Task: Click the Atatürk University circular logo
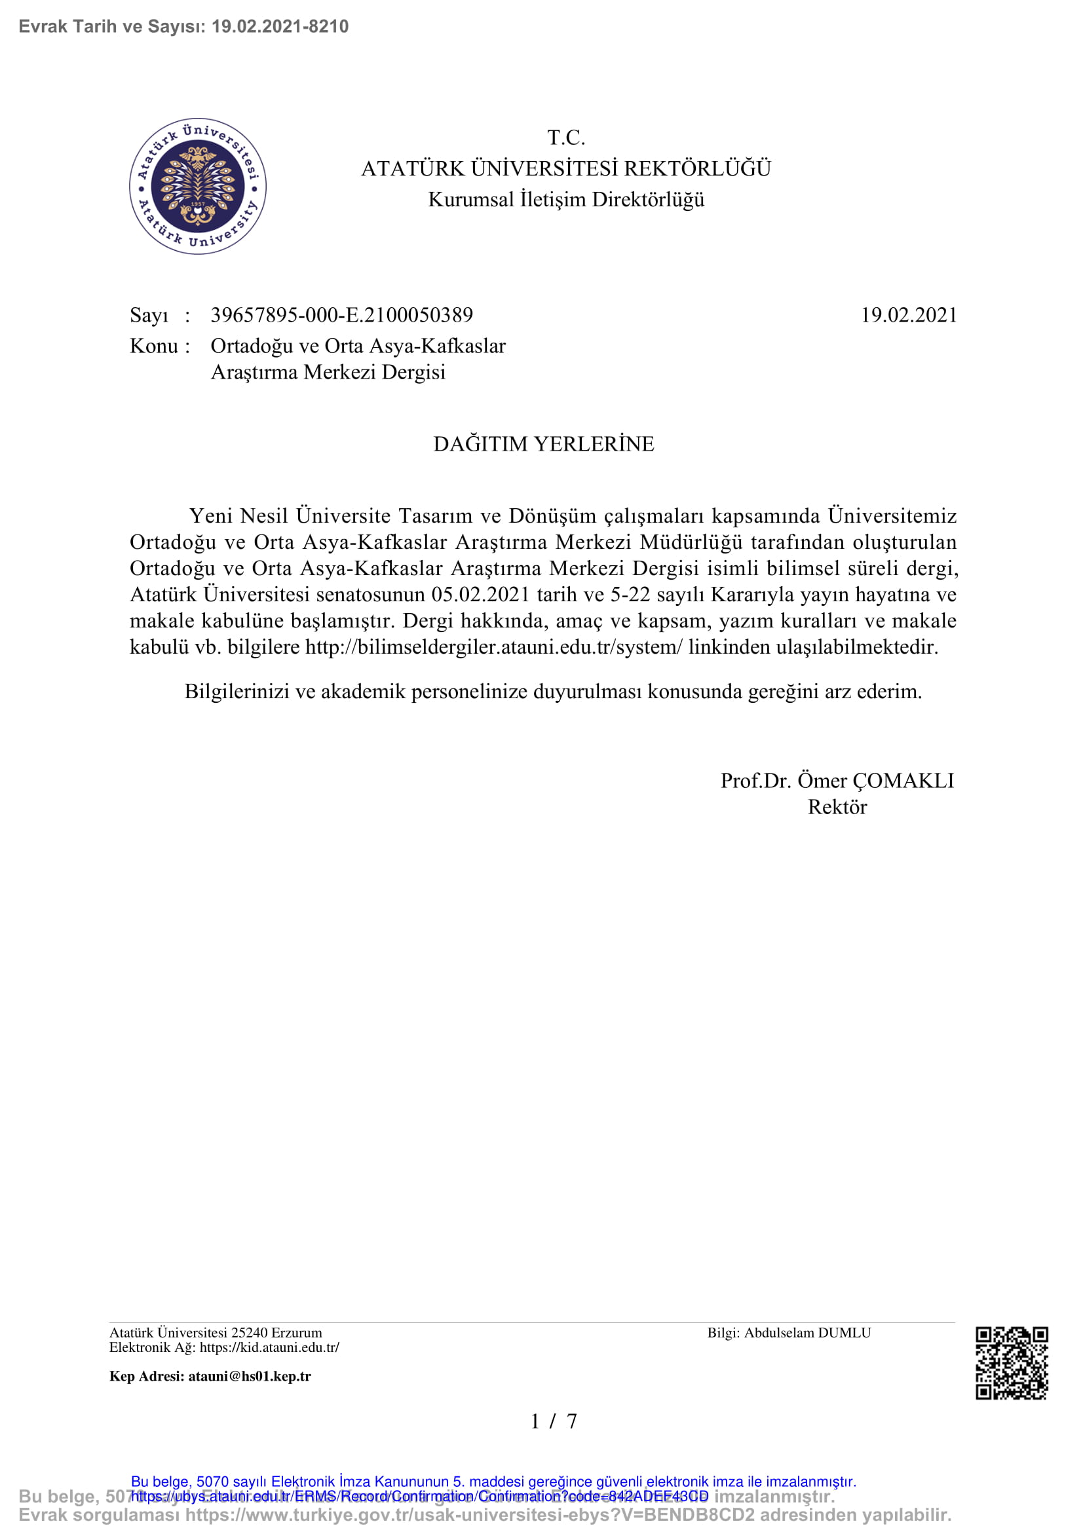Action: pos(197,186)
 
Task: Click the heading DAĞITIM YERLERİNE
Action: pos(544,443)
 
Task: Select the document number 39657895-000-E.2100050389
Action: pos(341,315)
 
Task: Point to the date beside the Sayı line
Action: pos(909,315)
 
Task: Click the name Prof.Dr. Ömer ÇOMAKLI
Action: pos(837,781)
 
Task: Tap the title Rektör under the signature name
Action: pos(837,808)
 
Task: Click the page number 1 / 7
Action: pos(553,1422)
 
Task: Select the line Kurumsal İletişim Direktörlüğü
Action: pos(566,200)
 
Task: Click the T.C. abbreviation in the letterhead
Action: pos(566,138)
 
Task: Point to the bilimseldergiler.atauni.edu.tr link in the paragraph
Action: pos(494,646)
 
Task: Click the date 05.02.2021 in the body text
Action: pos(480,595)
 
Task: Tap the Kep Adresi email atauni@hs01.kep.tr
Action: pos(249,1377)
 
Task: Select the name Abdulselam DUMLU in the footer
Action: pos(807,1333)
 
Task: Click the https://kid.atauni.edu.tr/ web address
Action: pos(269,1347)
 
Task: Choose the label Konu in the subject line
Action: pos(153,346)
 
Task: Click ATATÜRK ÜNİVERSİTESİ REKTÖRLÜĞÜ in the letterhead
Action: pos(566,169)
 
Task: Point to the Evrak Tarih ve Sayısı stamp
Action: pos(183,27)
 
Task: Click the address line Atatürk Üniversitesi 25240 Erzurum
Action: pos(216,1333)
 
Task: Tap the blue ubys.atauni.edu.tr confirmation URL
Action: pos(419,1497)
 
